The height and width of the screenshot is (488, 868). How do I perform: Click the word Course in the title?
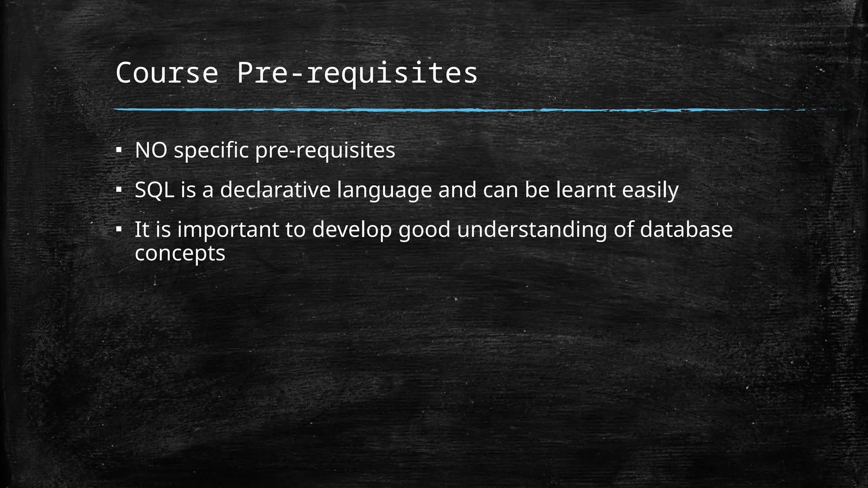(x=167, y=73)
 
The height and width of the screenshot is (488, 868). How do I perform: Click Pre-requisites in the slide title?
(x=357, y=73)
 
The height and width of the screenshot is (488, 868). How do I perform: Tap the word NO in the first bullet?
(x=151, y=150)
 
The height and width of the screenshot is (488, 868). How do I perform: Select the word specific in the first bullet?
(x=211, y=150)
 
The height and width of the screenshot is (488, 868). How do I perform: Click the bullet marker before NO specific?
(x=119, y=150)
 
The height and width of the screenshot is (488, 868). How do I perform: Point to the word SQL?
(x=154, y=190)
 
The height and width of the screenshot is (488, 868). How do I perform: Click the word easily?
(x=650, y=191)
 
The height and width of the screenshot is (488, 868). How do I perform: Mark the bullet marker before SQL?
(x=119, y=190)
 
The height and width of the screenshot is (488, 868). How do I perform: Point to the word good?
(x=424, y=230)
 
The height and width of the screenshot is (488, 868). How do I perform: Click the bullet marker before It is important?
(x=119, y=230)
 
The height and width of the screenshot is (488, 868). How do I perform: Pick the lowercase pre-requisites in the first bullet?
(x=325, y=150)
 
